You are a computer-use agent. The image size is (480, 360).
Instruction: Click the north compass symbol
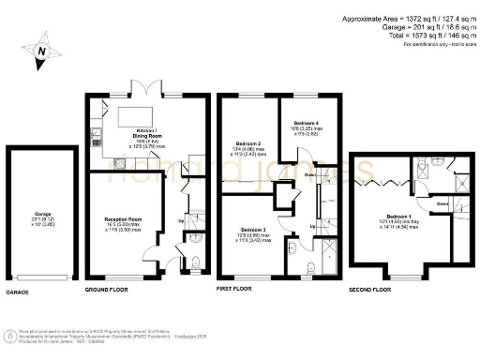(40, 52)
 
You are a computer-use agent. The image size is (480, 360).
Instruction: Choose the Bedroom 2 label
(247, 147)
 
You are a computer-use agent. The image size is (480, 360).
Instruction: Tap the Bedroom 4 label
(306, 126)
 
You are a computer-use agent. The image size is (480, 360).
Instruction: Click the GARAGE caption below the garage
(18, 292)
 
